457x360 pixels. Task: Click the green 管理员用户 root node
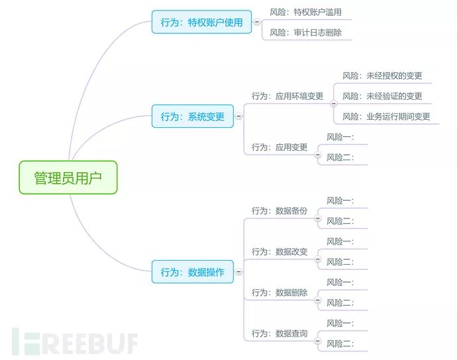pyautogui.click(x=68, y=177)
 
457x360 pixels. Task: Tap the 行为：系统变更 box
pyautogui.click(x=193, y=116)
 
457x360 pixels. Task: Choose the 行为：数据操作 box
pyautogui.click(x=193, y=272)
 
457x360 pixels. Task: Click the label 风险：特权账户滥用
pyautogui.click(x=305, y=12)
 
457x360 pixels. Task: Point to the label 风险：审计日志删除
pyautogui.click(x=305, y=32)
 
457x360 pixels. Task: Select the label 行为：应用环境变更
pyautogui.click(x=287, y=96)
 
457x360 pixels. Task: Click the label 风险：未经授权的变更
pyautogui.click(x=382, y=75)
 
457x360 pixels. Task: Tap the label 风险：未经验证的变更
pyautogui.click(x=382, y=96)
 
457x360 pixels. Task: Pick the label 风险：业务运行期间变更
pyautogui.click(x=386, y=116)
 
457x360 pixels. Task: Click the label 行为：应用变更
pyautogui.click(x=279, y=147)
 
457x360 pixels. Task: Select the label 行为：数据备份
pyautogui.click(x=279, y=210)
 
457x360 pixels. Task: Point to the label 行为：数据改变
pyautogui.click(x=279, y=251)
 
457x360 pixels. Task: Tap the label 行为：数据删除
pyautogui.click(x=279, y=292)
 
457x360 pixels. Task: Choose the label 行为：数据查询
pyautogui.click(x=279, y=334)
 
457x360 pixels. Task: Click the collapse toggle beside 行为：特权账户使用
pyautogui.click(x=257, y=22)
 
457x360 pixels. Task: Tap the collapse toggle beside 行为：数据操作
pyautogui.click(x=239, y=272)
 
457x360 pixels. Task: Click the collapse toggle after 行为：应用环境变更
pyautogui.click(x=333, y=103)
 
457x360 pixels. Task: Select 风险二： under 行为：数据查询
pyautogui.click(x=340, y=343)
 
